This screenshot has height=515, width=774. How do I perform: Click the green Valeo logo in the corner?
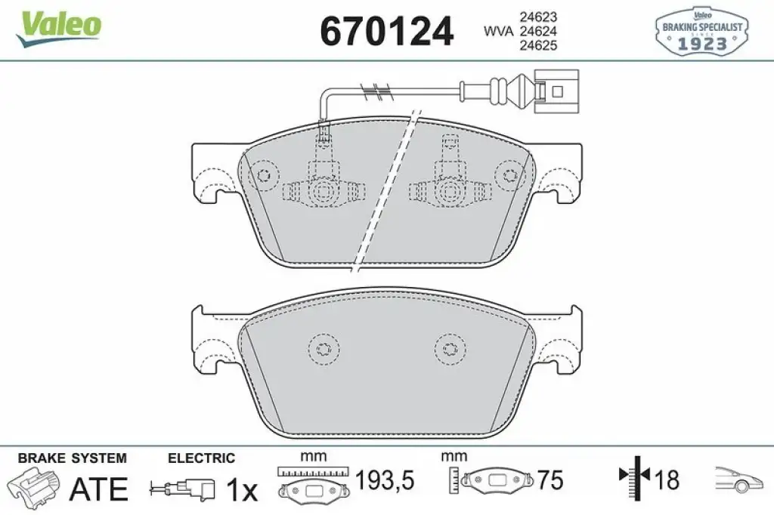click(59, 28)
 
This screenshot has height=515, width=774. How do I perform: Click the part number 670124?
click(386, 31)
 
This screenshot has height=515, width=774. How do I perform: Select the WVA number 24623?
click(538, 17)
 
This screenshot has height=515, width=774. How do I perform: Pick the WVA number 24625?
click(538, 45)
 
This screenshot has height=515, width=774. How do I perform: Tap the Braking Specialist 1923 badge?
click(701, 31)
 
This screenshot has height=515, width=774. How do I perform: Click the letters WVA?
click(498, 31)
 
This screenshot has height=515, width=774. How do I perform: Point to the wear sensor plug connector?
click(558, 91)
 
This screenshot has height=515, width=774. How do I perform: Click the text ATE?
click(99, 489)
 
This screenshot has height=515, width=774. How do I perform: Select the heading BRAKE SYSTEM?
click(72, 458)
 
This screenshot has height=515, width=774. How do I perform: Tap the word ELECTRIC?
click(201, 458)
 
